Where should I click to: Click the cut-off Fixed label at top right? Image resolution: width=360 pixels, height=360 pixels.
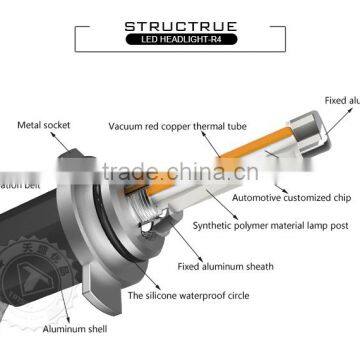pyautogui.click(x=341, y=99)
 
